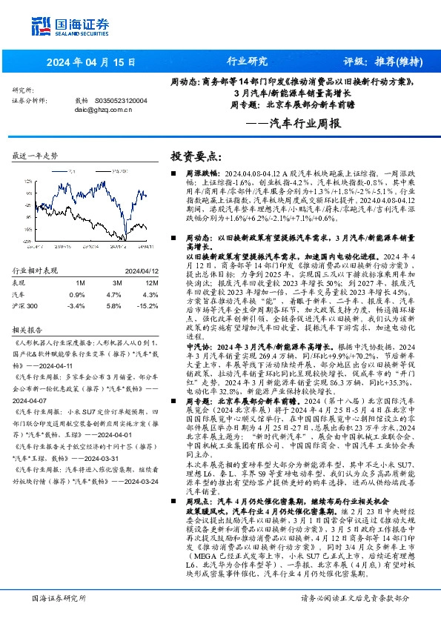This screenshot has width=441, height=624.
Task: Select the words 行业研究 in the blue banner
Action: point(246,62)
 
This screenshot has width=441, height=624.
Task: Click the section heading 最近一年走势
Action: point(36,156)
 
